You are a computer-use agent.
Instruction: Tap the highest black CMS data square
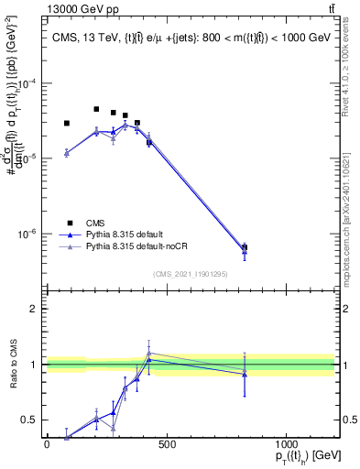tap(96, 109)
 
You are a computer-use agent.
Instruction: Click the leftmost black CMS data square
tap(67, 123)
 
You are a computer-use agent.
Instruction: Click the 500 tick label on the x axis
tap(166, 445)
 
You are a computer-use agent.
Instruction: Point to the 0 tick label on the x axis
tap(47, 445)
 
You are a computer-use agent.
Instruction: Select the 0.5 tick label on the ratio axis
tap(28, 420)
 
